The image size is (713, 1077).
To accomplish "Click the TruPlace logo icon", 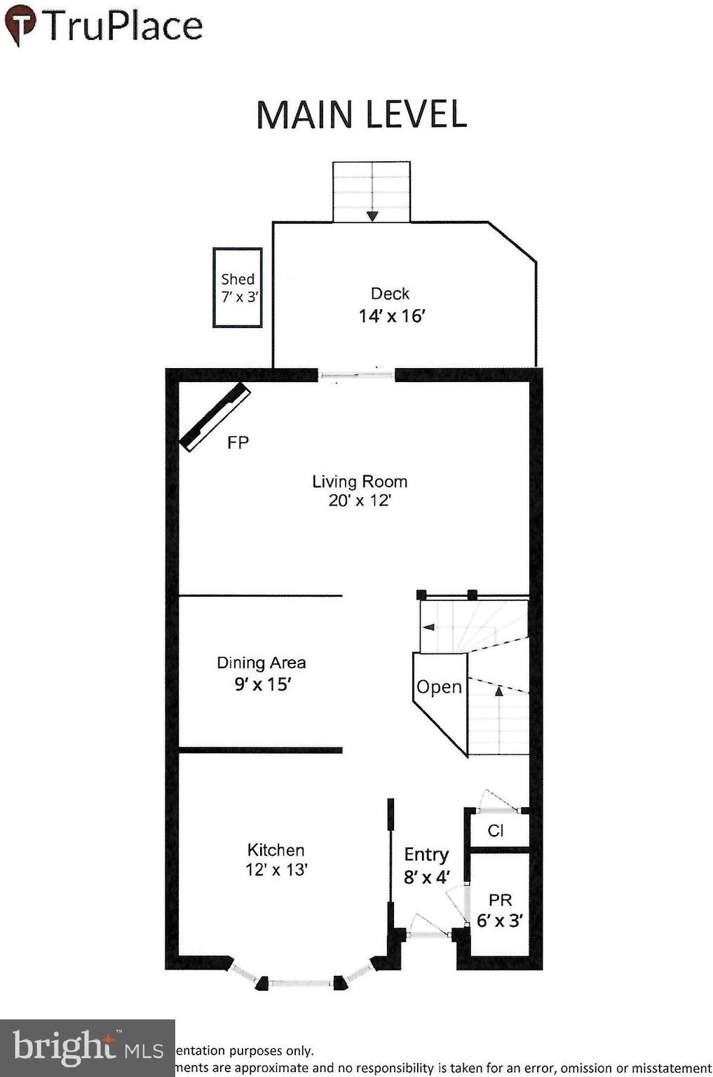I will [20, 24].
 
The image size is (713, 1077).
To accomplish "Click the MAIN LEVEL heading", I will [361, 115].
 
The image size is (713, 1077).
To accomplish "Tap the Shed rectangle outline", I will [238, 287].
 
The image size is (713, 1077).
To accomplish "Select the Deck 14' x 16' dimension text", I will [392, 316].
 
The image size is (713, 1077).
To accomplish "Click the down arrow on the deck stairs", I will [372, 215].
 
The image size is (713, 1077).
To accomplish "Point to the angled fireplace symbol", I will [215, 416].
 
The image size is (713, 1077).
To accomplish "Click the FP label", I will [238, 442].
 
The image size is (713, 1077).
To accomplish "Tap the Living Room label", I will [360, 482].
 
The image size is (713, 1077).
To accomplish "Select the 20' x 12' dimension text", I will [360, 501].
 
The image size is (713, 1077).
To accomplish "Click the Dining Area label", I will [261, 663].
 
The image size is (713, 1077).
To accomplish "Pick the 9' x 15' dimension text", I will [262, 684].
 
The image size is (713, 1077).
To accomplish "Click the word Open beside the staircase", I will [439, 687].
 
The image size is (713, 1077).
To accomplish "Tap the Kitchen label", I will [276, 850].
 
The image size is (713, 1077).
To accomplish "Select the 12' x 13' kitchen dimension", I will [276, 869].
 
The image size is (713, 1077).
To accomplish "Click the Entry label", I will [426, 855].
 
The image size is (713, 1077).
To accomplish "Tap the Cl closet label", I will [496, 831].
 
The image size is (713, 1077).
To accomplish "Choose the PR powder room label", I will [501, 900].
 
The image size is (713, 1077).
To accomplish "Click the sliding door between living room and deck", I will [357, 375].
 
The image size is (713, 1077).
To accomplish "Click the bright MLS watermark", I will [88, 1048].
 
